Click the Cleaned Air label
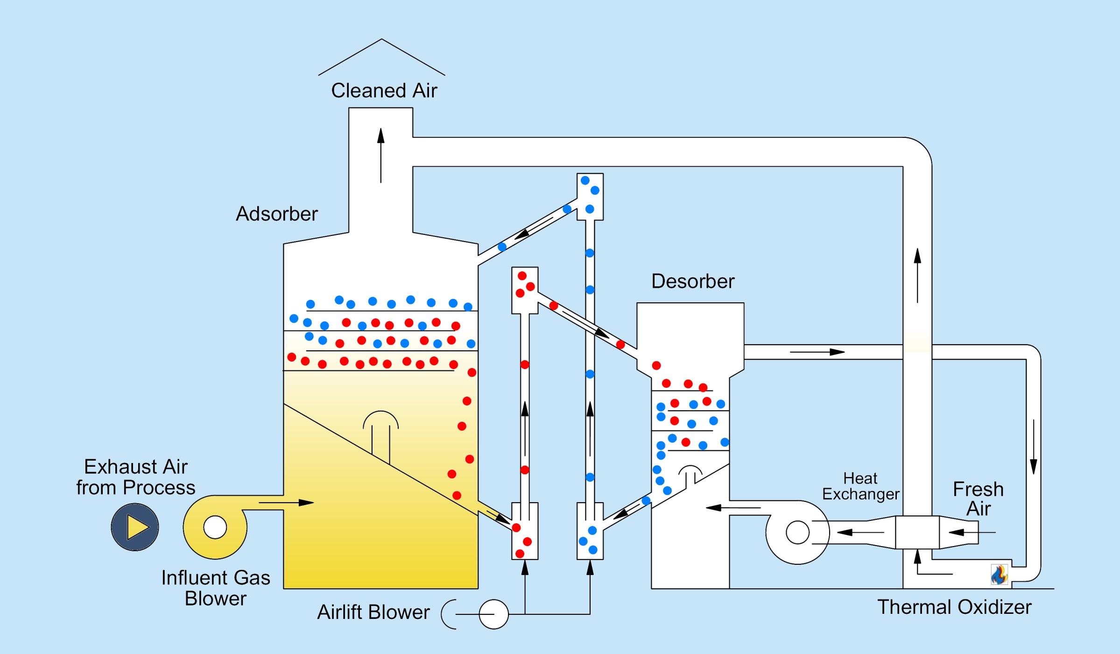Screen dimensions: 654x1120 [x=384, y=91]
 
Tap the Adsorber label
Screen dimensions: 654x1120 [x=276, y=214]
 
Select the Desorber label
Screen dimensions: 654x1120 [x=692, y=281]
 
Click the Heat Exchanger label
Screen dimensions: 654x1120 [x=860, y=486]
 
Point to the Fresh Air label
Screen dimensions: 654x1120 [x=978, y=499]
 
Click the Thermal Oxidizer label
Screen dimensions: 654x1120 [x=954, y=607]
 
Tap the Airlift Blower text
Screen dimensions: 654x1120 [x=373, y=612]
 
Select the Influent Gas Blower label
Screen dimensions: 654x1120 [x=216, y=588]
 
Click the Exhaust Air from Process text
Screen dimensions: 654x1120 [x=135, y=477]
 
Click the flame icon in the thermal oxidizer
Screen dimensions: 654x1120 [x=999, y=575]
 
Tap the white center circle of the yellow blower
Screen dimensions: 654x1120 [x=215, y=527]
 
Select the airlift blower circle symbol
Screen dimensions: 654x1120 [x=493, y=614]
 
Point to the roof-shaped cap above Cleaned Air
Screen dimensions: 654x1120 [x=381, y=56]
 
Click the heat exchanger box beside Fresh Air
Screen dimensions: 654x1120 [x=917, y=533]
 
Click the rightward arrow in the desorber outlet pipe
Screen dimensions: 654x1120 [x=817, y=352]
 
